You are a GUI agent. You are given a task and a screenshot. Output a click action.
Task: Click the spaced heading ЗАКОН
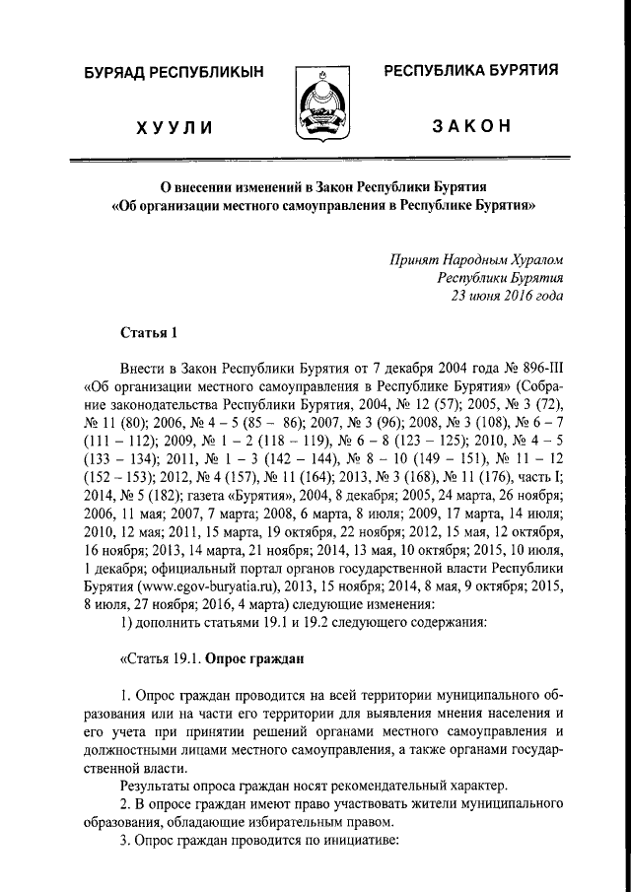[470, 126]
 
